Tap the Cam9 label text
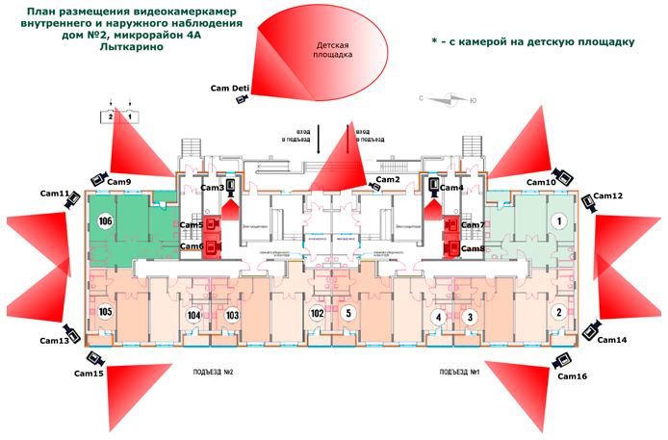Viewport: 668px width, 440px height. click(x=118, y=182)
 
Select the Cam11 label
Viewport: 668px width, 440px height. click(x=55, y=194)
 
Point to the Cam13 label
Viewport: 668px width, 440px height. click(x=54, y=341)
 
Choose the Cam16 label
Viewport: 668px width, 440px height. click(x=570, y=375)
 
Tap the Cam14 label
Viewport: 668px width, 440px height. click(x=611, y=340)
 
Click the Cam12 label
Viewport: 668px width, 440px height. click(x=608, y=196)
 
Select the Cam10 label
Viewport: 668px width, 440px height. click(x=541, y=182)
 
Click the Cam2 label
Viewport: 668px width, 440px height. click(x=388, y=180)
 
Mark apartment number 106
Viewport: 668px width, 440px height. click(x=106, y=221)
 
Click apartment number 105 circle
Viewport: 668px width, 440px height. click(x=106, y=312)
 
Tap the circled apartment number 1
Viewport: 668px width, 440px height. click(x=555, y=220)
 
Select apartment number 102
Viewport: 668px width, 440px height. click(x=317, y=313)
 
